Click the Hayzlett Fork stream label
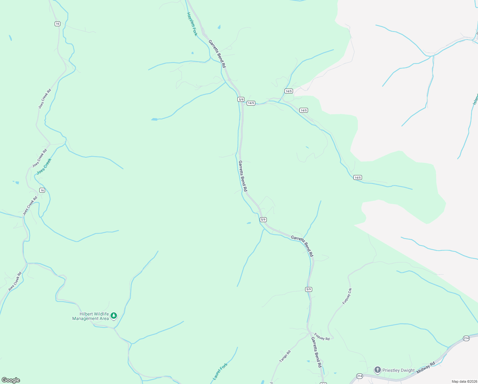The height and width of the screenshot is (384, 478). click(x=192, y=24)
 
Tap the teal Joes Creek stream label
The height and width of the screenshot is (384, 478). click(x=44, y=166)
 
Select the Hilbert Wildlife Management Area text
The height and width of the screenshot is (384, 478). click(x=90, y=316)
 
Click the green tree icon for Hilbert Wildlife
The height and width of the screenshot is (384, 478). click(x=113, y=316)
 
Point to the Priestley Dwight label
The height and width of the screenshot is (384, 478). click(x=398, y=370)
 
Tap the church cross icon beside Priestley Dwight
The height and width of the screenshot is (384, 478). click(x=377, y=370)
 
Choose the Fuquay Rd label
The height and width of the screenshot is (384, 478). click(x=322, y=337)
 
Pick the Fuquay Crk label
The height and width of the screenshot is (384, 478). click(x=347, y=296)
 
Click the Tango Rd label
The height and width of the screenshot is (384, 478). click(x=285, y=356)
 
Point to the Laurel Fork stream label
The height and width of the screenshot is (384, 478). click(x=220, y=371)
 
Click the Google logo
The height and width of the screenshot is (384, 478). click(x=11, y=380)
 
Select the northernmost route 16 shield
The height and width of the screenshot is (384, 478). click(x=57, y=24)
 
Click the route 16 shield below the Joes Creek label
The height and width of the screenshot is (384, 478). click(x=42, y=190)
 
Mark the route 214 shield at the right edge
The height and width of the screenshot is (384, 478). click(x=466, y=338)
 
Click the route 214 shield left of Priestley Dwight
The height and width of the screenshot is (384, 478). click(x=359, y=376)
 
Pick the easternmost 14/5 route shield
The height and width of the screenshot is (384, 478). click(x=358, y=178)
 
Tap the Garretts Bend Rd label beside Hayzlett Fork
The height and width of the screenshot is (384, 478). click(x=217, y=54)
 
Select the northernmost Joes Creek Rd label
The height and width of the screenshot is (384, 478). click(x=45, y=99)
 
